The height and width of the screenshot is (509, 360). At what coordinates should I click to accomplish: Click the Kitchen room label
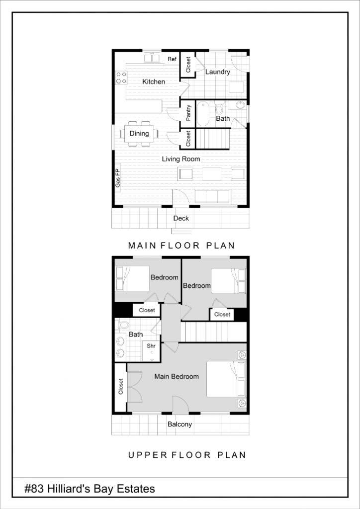(154, 82)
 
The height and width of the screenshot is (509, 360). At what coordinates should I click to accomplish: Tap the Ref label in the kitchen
(172, 59)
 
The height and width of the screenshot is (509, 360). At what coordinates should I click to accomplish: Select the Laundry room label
(218, 72)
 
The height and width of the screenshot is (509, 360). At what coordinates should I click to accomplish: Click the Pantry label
(188, 113)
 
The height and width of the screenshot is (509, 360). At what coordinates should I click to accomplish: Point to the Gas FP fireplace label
(118, 178)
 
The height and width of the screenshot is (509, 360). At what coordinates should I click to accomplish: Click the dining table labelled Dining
(139, 134)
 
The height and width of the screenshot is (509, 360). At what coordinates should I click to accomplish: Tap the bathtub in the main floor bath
(204, 114)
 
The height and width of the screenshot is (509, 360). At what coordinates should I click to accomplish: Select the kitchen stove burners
(121, 77)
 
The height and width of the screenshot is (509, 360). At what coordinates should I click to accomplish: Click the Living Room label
(181, 159)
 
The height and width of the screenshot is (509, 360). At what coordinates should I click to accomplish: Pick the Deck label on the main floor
(181, 218)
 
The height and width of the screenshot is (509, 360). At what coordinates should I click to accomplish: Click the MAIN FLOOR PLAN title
(181, 245)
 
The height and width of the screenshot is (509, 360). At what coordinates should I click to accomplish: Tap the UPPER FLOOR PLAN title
(187, 455)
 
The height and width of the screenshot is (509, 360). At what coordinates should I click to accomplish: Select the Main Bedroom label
(177, 376)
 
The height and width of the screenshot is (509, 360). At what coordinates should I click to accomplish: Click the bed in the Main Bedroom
(226, 379)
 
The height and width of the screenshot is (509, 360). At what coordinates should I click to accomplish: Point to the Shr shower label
(151, 345)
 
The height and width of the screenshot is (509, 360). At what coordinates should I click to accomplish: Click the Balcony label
(180, 424)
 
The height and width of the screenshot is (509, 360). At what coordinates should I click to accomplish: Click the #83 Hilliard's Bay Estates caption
(90, 489)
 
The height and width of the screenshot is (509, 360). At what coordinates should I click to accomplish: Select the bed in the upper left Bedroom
(133, 278)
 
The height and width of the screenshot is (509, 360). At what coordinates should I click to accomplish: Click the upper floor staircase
(213, 332)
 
